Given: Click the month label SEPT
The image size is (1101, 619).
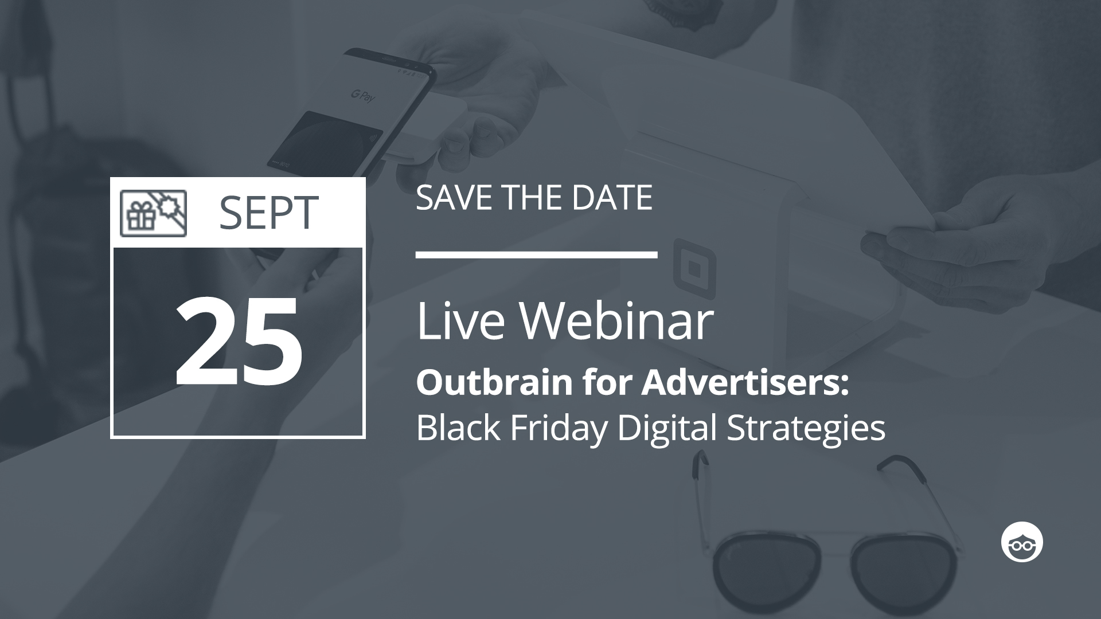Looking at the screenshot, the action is pos(268,213).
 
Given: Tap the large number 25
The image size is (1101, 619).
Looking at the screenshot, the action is pos(239,342).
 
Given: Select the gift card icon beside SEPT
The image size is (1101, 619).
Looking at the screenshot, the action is pos(153,213).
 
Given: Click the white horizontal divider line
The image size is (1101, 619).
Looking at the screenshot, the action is pos(536,254).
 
